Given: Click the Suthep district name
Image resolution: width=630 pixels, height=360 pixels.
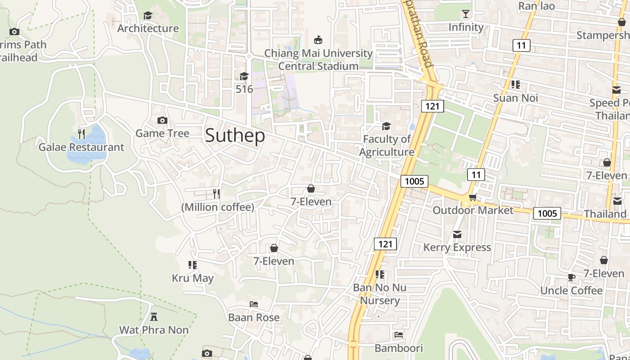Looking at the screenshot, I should click(x=234, y=135).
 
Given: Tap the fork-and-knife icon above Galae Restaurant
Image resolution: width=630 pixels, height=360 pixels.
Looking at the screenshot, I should click(x=81, y=134).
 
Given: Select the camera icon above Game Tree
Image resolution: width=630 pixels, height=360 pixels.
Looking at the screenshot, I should click(x=162, y=120).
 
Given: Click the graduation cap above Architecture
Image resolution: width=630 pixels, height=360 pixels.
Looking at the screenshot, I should click(x=148, y=16).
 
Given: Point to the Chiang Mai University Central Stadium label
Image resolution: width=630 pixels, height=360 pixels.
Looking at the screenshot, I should click(x=318, y=59).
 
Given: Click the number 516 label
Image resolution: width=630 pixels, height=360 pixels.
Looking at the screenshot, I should click(x=244, y=89).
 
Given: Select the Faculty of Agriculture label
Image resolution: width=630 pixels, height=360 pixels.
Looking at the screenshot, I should click(x=387, y=145).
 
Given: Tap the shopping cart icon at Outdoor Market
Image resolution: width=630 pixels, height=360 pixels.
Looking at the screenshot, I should click(x=472, y=197).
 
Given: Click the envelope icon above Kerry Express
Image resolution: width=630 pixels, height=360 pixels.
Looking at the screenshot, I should click(x=457, y=234).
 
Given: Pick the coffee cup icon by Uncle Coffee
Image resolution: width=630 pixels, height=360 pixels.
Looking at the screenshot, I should click(x=571, y=277).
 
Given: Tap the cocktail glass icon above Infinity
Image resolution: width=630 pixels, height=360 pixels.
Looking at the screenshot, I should click(x=466, y=14).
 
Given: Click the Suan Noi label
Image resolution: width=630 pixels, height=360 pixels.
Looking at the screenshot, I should click(x=515, y=98).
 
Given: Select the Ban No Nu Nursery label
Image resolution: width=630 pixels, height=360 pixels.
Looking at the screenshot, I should click(x=380, y=294).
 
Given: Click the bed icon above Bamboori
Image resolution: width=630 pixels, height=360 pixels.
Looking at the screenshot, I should click(x=398, y=335).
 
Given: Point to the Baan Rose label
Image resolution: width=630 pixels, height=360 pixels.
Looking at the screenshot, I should click(x=254, y=317).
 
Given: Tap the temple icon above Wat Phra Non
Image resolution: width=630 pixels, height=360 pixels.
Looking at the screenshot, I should click(x=154, y=316).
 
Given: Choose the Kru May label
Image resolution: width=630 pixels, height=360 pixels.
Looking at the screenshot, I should click(x=193, y=278).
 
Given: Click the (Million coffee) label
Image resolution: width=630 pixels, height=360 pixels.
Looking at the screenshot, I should click(x=217, y=207).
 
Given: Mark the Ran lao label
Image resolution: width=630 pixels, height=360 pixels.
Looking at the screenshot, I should click(x=536, y=6).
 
